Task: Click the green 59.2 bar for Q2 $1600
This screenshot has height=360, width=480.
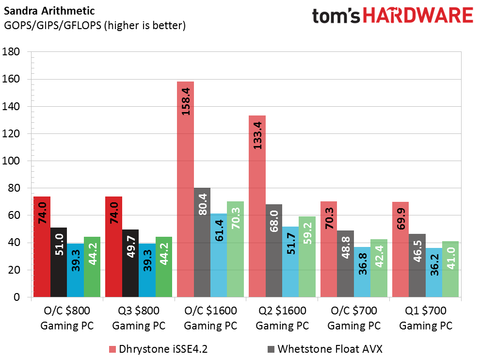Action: [x=307, y=257]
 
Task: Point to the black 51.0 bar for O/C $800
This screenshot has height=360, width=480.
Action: [x=59, y=262]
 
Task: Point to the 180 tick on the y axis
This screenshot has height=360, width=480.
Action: [x=16, y=52]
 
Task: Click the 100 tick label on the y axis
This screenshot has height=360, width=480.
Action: [x=16, y=161]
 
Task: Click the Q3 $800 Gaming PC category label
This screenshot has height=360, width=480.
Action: [x=139, y=318]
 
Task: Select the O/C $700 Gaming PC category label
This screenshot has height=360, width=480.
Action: [x=353, y=318]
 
